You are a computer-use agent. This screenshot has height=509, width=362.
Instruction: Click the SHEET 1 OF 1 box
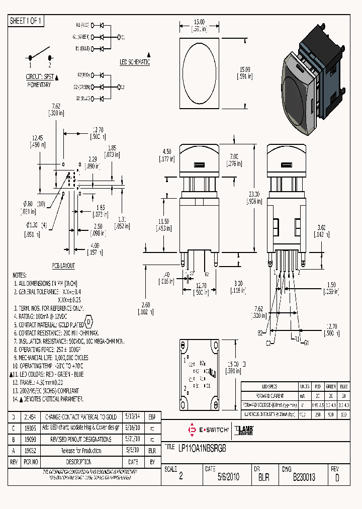click(x=27, y=21)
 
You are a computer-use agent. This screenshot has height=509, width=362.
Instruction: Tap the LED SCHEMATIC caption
click(x=134, y=62)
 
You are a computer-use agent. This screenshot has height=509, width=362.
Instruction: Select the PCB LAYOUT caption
click(x=63, y=265)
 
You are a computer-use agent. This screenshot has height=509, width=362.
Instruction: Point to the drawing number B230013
click(x=304, y=477)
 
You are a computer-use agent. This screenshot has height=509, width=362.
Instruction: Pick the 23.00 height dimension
click(x=254, y=194)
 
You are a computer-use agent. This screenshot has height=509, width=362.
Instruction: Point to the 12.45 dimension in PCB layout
click(x=38, y=138)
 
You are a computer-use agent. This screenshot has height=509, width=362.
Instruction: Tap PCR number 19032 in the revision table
click(x=30, y=451)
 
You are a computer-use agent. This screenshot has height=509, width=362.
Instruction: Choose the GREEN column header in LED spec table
click(x=330, y=386)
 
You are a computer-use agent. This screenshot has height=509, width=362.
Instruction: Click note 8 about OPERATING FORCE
click(x=48, y=349)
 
